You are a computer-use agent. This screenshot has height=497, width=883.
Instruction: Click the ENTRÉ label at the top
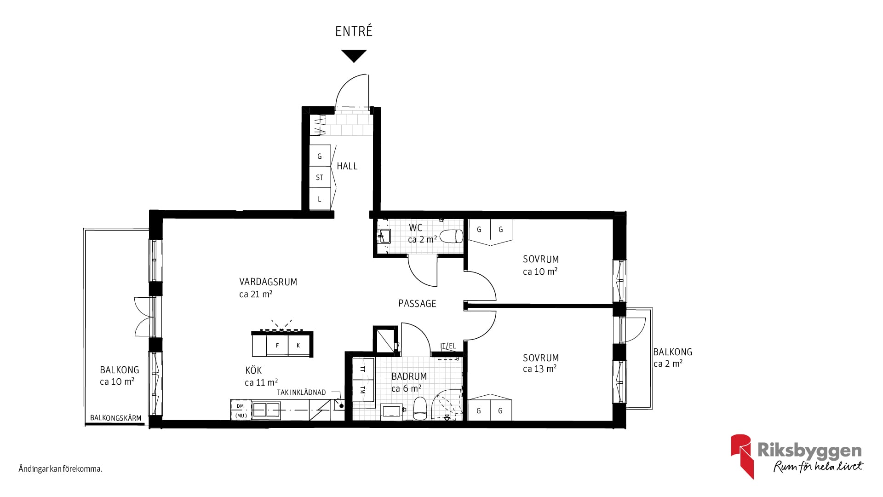[354, 31]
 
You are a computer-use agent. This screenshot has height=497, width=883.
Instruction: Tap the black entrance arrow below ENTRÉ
[354, 55]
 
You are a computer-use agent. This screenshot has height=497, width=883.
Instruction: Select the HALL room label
[347, 166]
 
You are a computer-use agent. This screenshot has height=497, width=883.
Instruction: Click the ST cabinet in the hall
[320, 177]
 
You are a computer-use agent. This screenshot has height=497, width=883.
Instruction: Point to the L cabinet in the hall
[320, 199]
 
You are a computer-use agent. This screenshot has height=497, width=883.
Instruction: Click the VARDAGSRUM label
[268, 282]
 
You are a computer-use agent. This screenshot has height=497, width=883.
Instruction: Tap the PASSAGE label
[417, 303]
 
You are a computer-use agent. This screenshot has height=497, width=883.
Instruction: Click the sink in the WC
[384, 236]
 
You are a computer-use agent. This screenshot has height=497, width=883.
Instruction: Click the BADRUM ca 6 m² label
[409, 382]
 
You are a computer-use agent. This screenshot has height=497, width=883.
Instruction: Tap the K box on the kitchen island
[298, 345]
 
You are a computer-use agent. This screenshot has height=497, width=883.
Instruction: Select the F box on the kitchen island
[277, 345]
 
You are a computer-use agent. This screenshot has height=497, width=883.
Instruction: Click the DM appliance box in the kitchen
[241, 406]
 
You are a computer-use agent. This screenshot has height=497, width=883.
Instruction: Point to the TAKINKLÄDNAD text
[301, 393]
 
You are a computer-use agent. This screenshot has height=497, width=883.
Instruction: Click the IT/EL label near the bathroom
[448, 346]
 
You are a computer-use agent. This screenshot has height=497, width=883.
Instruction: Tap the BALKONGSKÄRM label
[116, 418]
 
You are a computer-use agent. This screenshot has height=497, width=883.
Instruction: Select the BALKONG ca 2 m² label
[672, 358]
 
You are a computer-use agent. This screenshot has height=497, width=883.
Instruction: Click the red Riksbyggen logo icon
[742, 456]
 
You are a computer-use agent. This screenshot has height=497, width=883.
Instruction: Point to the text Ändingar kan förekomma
[60, 469]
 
